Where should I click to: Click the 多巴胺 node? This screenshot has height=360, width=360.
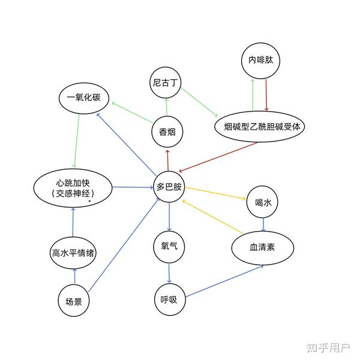click(x=169, y=187)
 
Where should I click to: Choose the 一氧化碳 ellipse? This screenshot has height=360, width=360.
click(x=83, y=99)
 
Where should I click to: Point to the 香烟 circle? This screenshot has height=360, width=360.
click(x=167, y=133)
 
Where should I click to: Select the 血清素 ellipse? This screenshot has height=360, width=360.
click(x=262, y=247)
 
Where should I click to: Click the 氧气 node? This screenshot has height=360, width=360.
click(x=169, y=246)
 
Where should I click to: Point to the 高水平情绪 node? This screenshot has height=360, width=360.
click(x=73, y=253)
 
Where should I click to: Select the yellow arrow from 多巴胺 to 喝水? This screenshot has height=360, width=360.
click(x=216, y=193)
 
